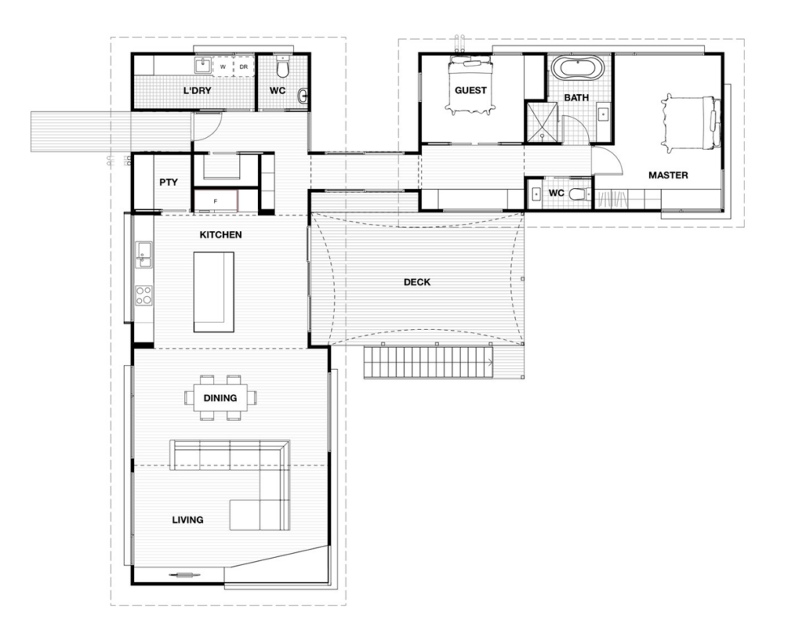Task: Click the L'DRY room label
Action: [197, 91]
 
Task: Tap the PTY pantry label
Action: [168, 182]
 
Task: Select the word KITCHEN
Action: [221, 235]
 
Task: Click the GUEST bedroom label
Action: [471, 90]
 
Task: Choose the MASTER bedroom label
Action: [668, 175]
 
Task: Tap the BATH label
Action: [577, 97]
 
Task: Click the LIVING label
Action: [187, 520]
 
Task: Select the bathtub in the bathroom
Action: [577, 68]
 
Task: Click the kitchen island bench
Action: [213, 291]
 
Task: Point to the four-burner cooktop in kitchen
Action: [143, 296]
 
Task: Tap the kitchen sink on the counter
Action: [143, 253]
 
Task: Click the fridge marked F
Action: [215, 200]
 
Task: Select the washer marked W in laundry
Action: [222, 66]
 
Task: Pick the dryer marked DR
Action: [243, 66]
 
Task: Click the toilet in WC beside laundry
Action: [281, 63]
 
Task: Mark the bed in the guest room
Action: [471, 85]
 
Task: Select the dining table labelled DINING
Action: [220, 397]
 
